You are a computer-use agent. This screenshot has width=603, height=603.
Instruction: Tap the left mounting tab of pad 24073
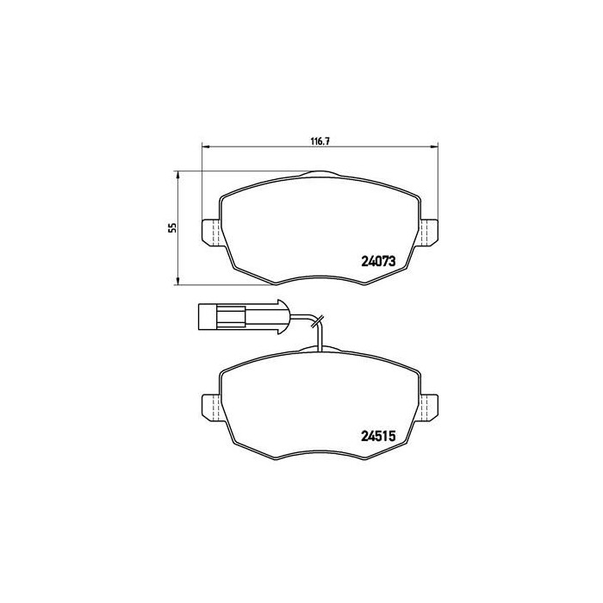(210, 232)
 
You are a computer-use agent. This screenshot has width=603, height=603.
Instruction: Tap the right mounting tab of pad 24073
(431, 232)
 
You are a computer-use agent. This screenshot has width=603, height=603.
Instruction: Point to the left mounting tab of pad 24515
(210, 407)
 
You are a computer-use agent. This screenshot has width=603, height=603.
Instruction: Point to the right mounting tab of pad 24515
(431, 407)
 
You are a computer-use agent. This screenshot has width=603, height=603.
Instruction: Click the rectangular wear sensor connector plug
(220, 316)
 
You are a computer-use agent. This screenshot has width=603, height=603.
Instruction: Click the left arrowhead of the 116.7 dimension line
(204, 145)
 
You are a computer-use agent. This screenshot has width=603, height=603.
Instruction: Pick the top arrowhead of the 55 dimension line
(177, 173)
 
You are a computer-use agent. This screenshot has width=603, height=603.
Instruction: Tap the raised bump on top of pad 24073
(320, 174)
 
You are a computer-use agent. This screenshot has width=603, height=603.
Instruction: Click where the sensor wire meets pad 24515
(318, 351)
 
